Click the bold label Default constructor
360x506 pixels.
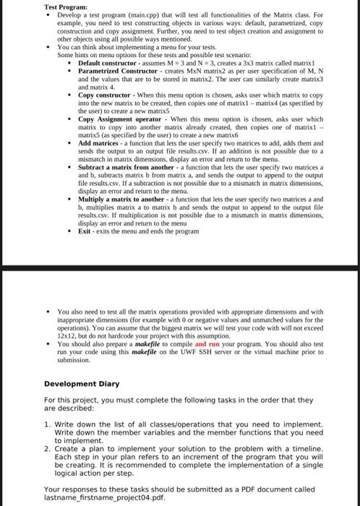click(x=109, y=64)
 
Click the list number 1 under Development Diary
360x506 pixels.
click(x=47, y=425)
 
